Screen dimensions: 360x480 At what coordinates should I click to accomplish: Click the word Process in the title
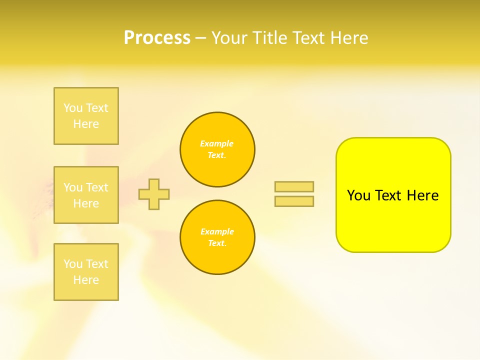[x=157, y=38]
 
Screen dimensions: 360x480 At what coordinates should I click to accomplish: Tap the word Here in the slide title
[x=348, y=38]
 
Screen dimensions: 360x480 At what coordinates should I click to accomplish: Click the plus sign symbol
[x=154, y=194]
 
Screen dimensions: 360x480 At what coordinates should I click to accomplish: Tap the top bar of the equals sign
[x=294, y=186]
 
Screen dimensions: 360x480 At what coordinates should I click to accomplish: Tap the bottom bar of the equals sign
[x=294, y=201]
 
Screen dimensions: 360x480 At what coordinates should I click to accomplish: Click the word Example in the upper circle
[x=217, y=143]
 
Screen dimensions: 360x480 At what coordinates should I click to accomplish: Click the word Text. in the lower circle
[x=217, y=243]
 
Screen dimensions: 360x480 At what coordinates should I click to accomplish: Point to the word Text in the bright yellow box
[x=388, y=195]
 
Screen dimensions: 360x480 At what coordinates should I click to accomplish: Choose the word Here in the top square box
[x=86, y=124]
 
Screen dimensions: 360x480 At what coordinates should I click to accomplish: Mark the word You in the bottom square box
[x=73, y=264]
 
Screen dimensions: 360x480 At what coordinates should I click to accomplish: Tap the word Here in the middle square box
[x=86, y=203]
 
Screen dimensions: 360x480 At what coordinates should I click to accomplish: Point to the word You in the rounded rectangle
[x=358, y=195]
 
